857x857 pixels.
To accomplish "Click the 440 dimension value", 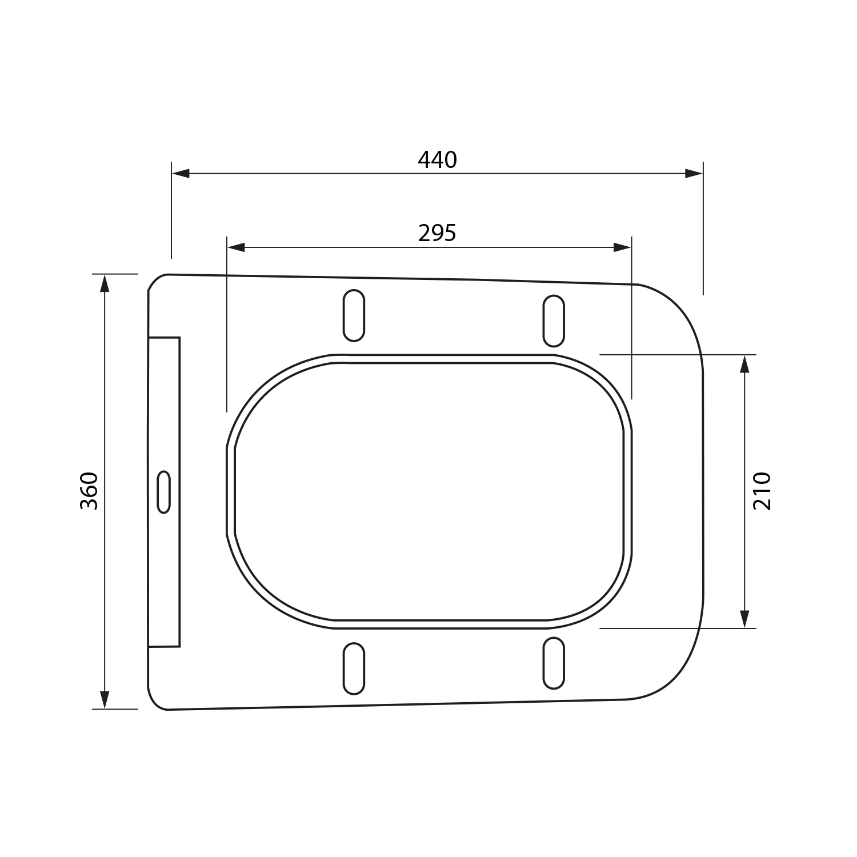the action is (x=438, y=160).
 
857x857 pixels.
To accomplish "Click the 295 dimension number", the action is (x=438, y=233).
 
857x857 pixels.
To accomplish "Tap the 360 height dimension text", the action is (x=90, y=491).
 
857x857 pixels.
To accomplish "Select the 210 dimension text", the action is (x=762, y=491).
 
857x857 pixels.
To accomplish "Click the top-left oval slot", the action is (x=354, y=315).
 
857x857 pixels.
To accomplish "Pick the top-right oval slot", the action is (x=553, y=321).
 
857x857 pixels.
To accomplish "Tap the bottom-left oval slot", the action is (x=354, y=668).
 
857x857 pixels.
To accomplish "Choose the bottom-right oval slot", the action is (x=553, y=663).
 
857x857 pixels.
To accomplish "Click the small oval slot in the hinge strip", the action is (x=164, y=492).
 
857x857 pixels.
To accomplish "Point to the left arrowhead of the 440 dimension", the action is (x=181, y=174).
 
